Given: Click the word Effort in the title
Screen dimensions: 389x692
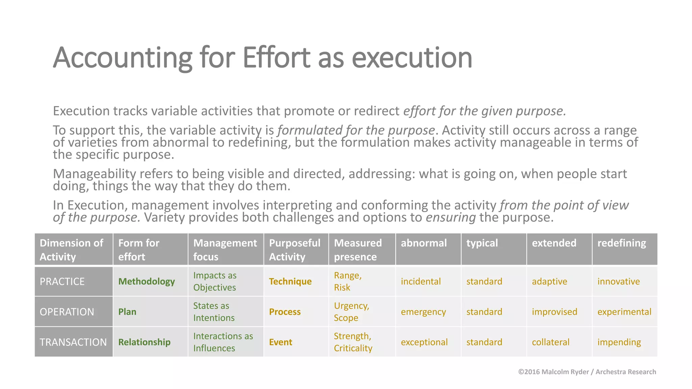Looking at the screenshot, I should click(x=276, y=58).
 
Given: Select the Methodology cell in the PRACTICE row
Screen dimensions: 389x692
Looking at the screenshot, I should click(x=146, y=281).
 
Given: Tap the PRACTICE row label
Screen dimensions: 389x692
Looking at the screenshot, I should click(x=62, y=281).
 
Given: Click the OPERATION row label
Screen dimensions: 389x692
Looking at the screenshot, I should click(x=67, y=312).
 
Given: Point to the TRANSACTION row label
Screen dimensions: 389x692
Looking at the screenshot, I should click(x=73, y=342).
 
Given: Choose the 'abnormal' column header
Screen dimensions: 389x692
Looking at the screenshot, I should click(x=424, y=243).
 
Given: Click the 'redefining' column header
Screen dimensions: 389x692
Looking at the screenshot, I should click(x=621, y=243).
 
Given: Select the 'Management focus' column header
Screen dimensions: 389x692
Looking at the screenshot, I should click(x=225, y=250).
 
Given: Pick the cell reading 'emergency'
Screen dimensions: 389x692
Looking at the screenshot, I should click(x=423, y=312).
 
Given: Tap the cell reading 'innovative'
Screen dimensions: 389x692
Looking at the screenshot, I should click(x=618, y=281).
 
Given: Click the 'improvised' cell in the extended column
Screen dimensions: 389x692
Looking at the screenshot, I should click(x=554, y=312).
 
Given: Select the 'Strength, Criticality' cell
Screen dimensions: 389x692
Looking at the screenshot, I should click(x=353, y=342).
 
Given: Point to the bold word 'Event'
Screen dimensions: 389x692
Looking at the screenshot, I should click(x=280, y=342).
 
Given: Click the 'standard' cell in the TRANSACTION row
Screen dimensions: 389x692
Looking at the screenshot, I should click(x=484, y=342).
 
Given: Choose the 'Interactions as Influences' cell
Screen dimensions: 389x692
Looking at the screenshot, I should click(x=223, y=342).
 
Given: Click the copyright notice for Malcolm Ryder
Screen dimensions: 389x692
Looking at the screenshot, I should click(x=587, y=372).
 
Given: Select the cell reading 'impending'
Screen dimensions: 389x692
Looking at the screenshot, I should click(x=619, y=342).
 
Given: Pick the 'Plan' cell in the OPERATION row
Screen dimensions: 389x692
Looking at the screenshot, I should click(x=127, y=312).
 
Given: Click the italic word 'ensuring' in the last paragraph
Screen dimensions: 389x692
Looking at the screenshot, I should click(x=450, y=217).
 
